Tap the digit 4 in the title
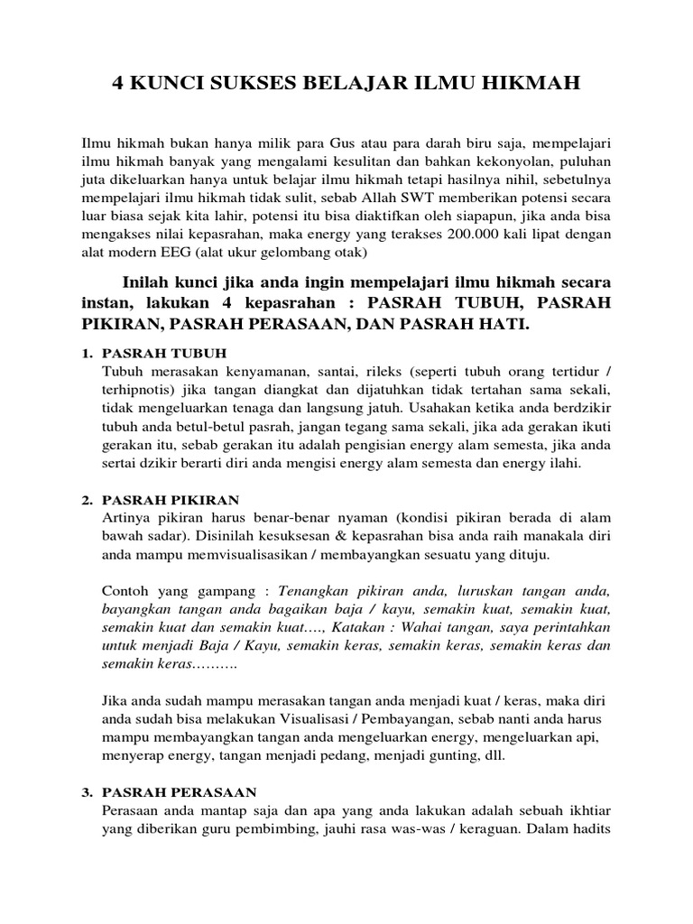point(117,85)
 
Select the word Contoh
point(127,591)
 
